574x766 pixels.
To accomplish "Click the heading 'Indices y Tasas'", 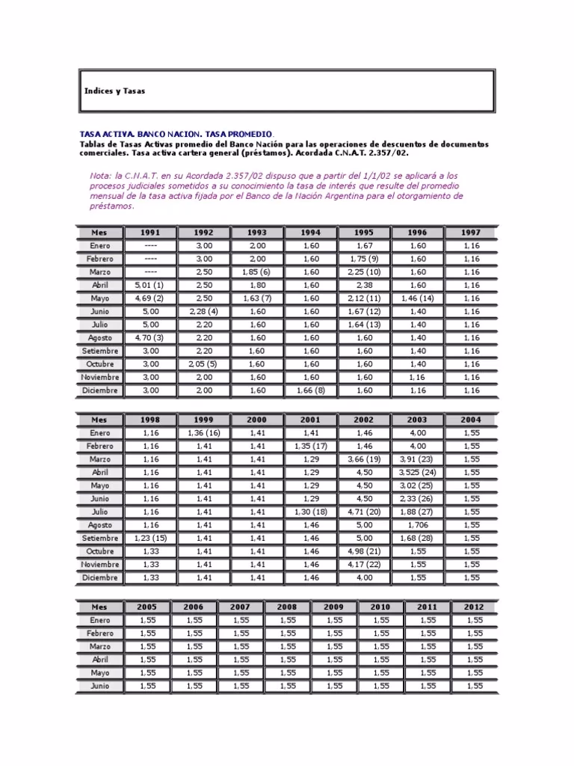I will tap(114, 91).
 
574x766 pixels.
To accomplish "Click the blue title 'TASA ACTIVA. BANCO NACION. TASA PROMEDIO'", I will tap(176, 132).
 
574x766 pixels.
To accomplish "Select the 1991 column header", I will tap(150, 233).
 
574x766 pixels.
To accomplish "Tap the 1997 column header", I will tap(471, 233).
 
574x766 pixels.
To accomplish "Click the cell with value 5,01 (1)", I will tap(150, 285).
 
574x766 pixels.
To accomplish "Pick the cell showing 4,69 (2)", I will tap(150, 298).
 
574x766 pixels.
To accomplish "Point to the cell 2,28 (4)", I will tap(203, 311).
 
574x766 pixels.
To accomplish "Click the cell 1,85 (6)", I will tap(256, 272).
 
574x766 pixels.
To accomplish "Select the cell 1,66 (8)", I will tap(310, 390).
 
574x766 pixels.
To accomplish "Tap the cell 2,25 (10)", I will tap(364, 272).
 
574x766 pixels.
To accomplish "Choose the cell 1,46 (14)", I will tap(417, 298).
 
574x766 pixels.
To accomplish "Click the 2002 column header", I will tap(364, 420).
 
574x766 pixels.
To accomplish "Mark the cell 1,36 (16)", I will tap(203, 433).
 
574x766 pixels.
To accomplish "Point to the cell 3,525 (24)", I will tap(417, 473).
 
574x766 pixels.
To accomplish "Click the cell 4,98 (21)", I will tap(364, 551).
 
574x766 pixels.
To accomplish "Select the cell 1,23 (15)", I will tap(150, 539).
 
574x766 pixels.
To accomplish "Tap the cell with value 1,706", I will tap(417, 525).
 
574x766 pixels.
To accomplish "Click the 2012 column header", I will tap(474, 607).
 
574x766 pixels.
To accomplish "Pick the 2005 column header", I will tap(147, 607).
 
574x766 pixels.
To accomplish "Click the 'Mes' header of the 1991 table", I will tap(100, 233).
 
